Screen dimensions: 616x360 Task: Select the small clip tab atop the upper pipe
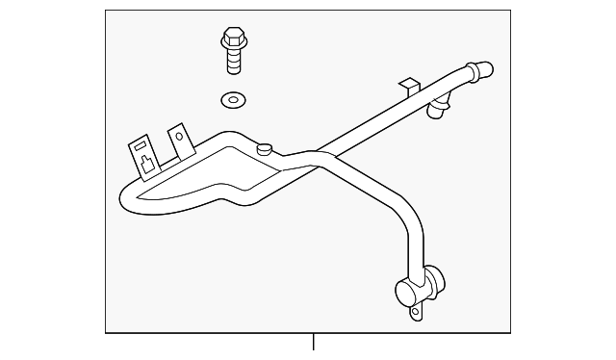click(x=411, y=88)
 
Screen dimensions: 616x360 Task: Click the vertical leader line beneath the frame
click(x=314, y=342)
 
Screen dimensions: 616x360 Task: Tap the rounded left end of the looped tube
click(x=125, y=198)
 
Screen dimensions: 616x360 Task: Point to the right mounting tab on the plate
click(x=178, y=141)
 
